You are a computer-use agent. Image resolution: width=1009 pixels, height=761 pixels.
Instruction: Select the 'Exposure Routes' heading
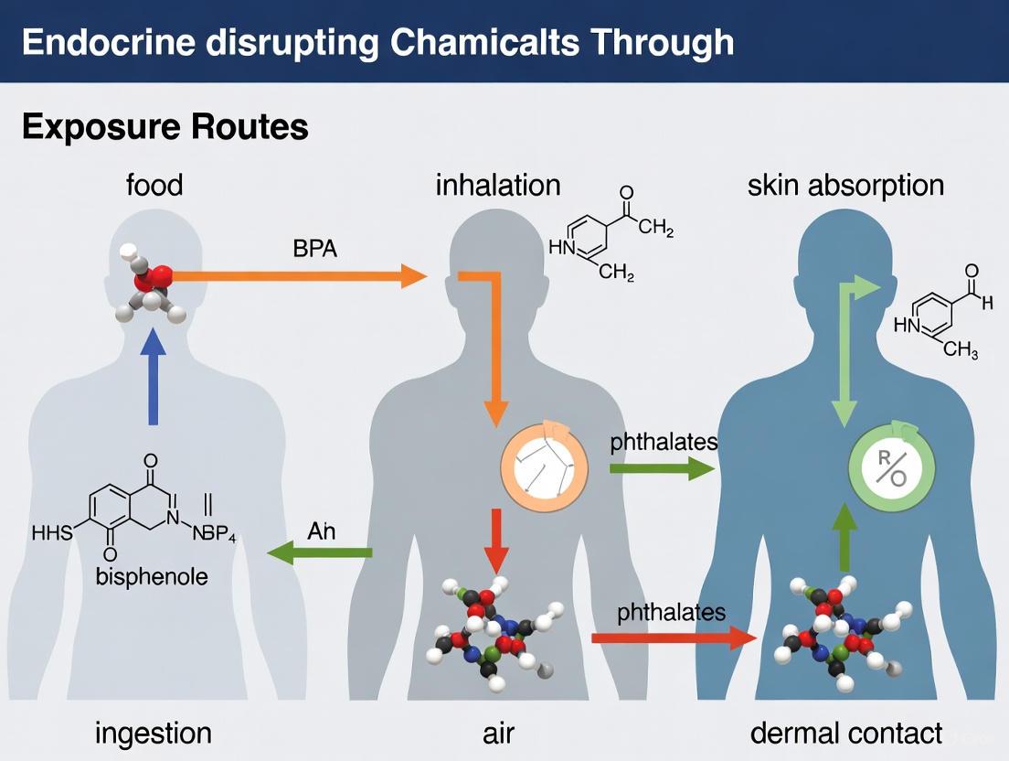[x=165, y=127]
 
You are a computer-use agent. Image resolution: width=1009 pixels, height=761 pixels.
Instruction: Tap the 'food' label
[x=154, y=185]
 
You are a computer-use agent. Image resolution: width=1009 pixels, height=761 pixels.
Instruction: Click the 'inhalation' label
[x=498, y=185]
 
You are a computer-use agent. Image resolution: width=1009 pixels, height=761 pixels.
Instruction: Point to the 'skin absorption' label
[x=845, y=185]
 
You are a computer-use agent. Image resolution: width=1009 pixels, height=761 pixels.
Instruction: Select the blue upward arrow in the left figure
[x=153, y=375]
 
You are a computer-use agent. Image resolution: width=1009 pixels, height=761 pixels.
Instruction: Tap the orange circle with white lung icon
[x=544, y=467]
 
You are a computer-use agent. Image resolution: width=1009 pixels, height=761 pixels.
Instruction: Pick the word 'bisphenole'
[x=153, y=577]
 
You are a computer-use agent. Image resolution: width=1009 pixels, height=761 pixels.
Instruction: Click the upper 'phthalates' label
[x=663, y=442]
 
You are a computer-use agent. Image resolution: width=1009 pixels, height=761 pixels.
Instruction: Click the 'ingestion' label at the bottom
[x=153, y=733]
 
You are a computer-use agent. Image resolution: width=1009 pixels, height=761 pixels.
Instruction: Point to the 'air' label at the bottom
[x=498, y=733]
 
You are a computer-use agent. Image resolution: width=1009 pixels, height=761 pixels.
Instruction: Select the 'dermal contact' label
[x=845, y=733]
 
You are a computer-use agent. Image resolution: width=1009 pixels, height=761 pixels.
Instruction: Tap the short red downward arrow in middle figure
[x=494, y=541]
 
